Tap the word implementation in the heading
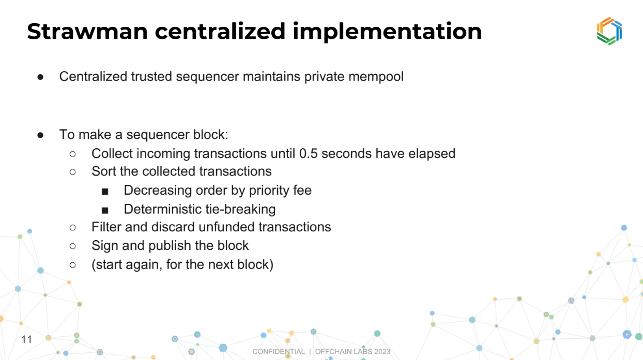(x=387, y=32)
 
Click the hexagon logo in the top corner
(x=609, y=31)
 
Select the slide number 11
(x=26, y=340)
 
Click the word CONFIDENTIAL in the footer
(x=279, y=351)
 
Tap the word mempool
(x=376, y=77)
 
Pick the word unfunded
(x=226, y=227)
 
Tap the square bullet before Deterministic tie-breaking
(x=105, y=210)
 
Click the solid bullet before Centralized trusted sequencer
(x=40, y=77)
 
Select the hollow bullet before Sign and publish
(x=73, y=246)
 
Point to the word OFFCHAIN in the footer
(x=333, y=351)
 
